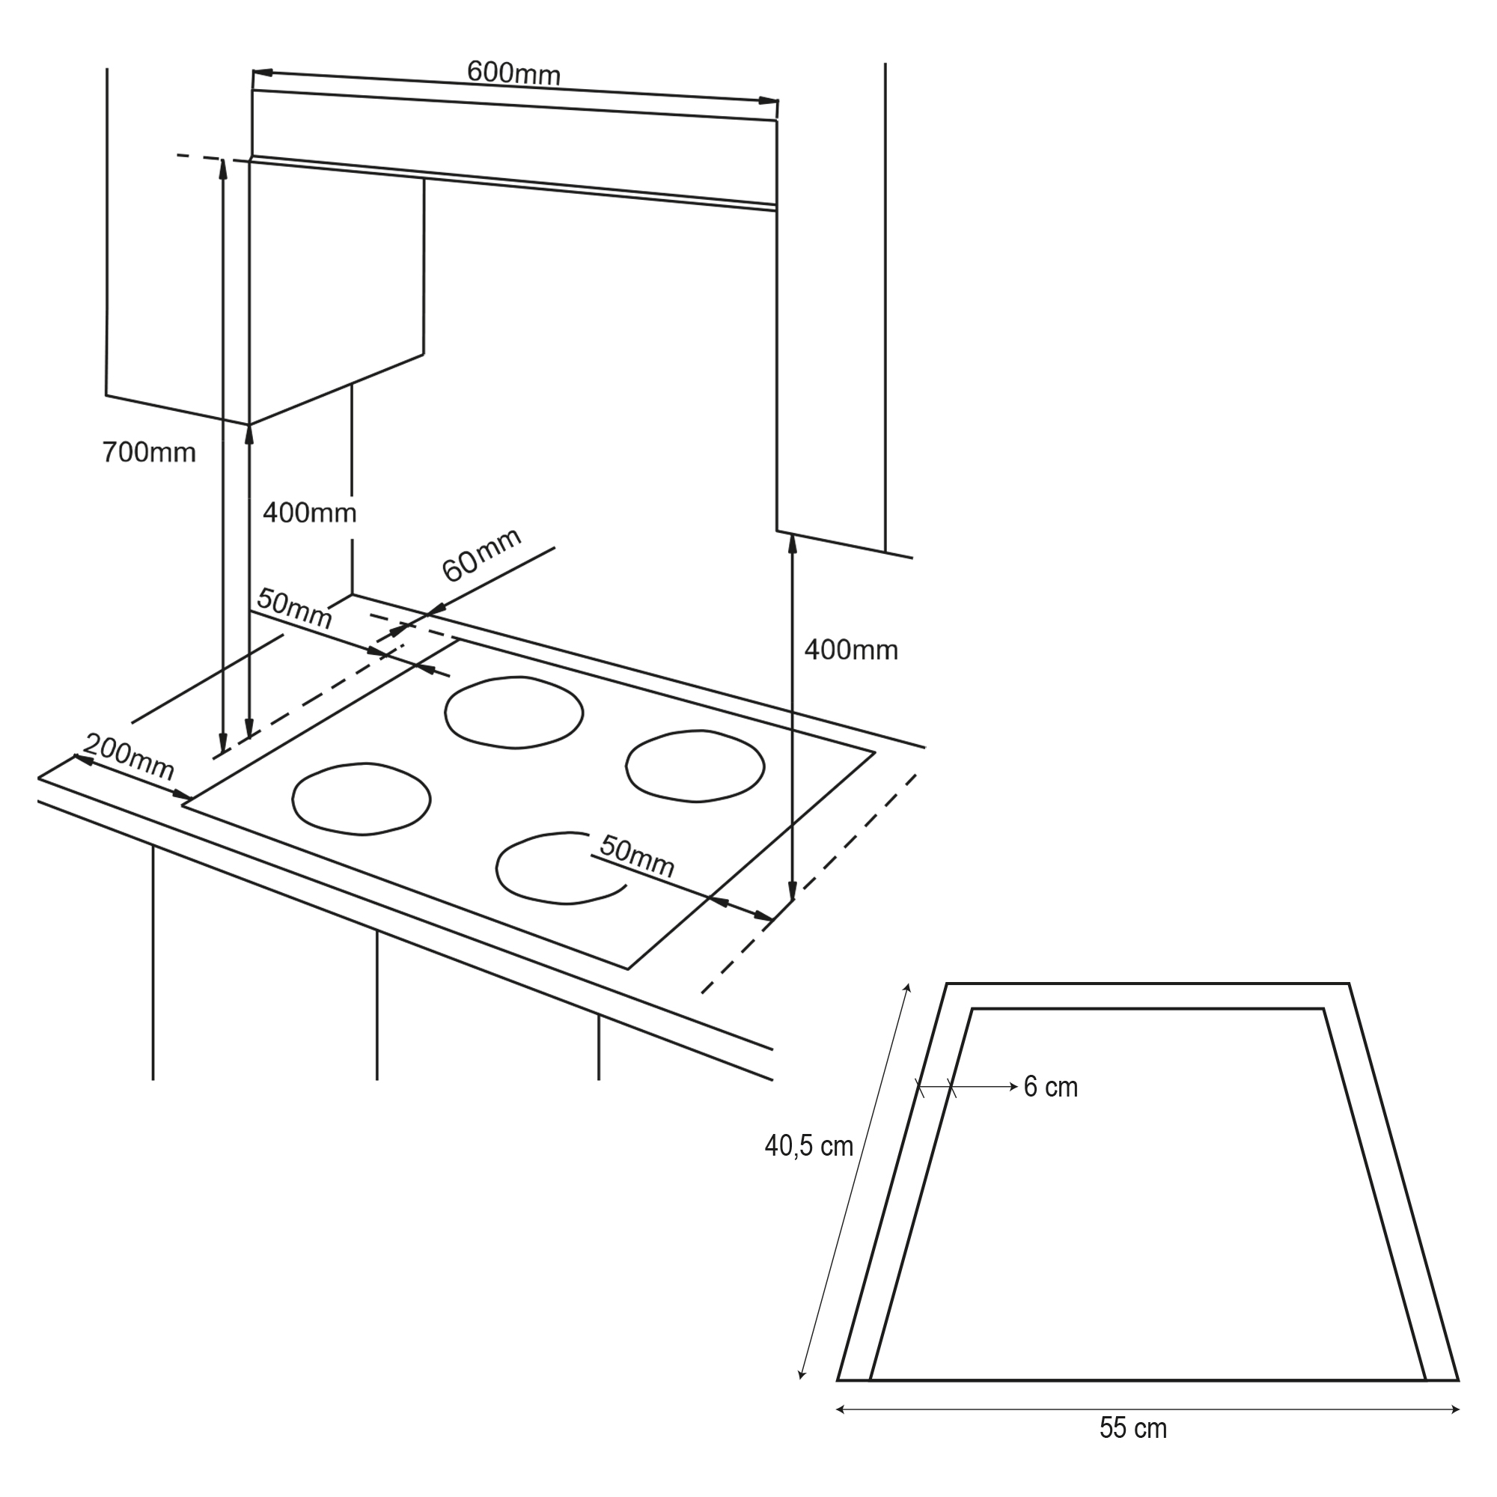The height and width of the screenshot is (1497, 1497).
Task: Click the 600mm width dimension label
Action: click(x=513, y=73)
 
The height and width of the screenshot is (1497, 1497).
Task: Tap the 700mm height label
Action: click(x=149, y=452)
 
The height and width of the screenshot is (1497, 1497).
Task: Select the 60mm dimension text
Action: click(x=481, y=555)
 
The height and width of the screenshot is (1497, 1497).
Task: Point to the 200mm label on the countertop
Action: click(x=129, y=757)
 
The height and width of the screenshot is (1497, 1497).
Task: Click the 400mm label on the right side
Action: click(x=851, y=650)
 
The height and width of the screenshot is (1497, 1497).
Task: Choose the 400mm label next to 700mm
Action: click(x=309, y=513)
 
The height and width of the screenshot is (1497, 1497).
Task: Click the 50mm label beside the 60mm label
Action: click(x=294, y=609)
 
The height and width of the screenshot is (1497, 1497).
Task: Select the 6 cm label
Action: click(x=1051, y=1087)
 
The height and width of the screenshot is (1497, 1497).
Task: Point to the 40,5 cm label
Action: click(x=809, y=1146)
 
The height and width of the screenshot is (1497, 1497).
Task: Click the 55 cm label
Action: click(x=1132, y=1428)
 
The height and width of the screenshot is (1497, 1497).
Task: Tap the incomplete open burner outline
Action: click(x=561, y=868)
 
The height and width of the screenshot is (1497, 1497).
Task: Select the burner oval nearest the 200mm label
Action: click(x=361, y=799)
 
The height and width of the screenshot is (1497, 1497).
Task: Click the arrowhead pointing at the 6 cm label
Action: click(x=1013, y=1087)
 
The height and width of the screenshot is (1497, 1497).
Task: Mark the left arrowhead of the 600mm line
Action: click(x=262, y=73)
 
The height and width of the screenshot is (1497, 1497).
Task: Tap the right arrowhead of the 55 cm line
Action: click(x=1455, y=1409)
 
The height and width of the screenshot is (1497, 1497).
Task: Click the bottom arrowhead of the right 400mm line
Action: click(x=792, y=891)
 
